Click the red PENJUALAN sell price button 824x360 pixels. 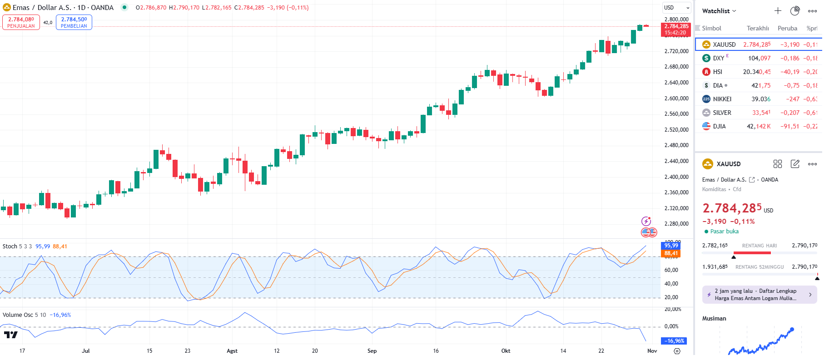(21, 22)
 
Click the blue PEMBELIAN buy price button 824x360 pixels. (74, 22)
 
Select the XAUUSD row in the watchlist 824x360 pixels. (724, 44)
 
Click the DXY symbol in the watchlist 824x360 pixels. (718, 58)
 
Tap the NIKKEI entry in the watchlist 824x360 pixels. (722, 99)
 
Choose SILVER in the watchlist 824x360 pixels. (722, 113)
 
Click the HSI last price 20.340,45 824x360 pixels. (757, 72)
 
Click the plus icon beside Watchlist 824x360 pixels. (778, 11)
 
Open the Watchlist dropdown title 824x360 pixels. (719, 11)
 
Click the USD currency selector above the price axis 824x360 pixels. (676, 8)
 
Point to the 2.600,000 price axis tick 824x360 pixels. (676, 99)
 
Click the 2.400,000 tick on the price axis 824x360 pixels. (676, 177)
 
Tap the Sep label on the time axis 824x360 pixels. (372, 351)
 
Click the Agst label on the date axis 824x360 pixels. (232, 351)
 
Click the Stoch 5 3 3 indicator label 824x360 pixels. (17, 247)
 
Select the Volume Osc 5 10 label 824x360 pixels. (24, 315)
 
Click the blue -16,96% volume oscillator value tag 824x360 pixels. (674, 341)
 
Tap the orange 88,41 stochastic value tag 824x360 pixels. (671, 253)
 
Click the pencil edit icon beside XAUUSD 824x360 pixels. (795, 164)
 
